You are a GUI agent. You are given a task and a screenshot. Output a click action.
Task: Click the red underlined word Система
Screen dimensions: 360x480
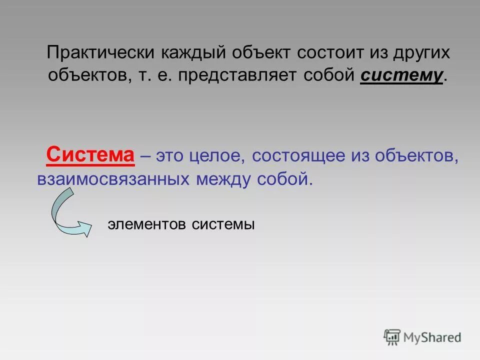pyautogui.click(x=90, y=155)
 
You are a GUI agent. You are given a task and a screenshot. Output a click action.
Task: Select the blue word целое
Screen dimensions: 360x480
pyautogui.click(x=217, y=155)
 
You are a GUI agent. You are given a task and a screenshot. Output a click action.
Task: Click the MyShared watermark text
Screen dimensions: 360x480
pyautogui.click(x=432, y=337)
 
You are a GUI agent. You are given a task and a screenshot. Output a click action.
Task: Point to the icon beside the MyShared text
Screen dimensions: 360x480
pyautogui.click(x=392, y=336)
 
